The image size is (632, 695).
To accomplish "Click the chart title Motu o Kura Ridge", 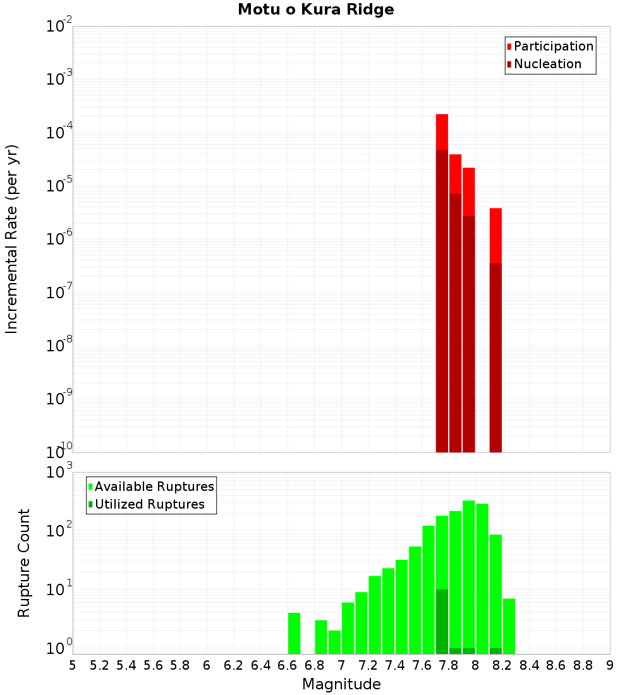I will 315,10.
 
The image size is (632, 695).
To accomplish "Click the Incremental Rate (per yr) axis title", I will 13,239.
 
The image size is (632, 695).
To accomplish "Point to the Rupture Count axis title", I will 24,563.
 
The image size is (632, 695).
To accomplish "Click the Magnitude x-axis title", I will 341,684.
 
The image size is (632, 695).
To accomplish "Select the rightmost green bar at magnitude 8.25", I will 509,625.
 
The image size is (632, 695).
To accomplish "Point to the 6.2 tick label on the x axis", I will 234,665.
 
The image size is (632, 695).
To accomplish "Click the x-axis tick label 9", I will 609,665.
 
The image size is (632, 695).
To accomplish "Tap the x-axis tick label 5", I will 73,665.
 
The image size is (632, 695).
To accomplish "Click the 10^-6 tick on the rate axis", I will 59,238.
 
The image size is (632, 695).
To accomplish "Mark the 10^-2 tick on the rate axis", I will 59,26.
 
